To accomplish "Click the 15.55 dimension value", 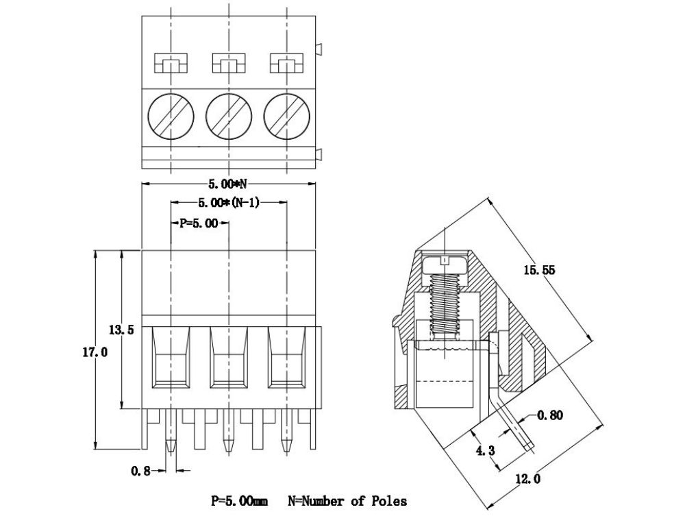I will [x=539, y=270].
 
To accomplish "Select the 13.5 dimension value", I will [x=121, y=330].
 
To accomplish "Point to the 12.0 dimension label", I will [x=527, y=479].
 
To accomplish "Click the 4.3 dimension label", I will [x=484, y=450].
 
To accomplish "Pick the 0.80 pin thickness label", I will [x=550, y=415].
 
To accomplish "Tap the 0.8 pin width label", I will [x=141, y=470].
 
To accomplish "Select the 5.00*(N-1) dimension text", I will [x=228, y=202].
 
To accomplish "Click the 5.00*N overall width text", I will [x=227, y=184].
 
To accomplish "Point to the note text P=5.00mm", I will [x=239, y=501].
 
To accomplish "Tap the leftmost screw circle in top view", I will [x=170, y=115].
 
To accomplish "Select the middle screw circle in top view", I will [x=227, y=115].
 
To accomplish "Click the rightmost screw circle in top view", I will [x=285, y=115].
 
